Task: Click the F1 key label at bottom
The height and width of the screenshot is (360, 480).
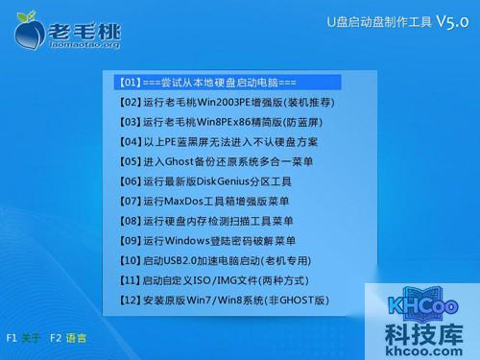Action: pos(12,338)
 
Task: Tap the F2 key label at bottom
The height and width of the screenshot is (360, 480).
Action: pos(57,338)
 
